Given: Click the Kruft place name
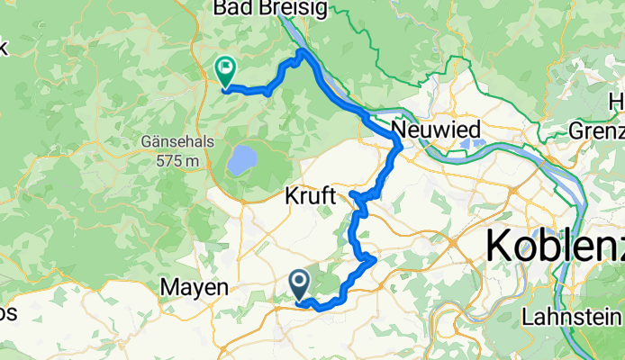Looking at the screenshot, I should click(310, 195).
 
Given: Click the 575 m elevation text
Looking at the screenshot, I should click(177, 160).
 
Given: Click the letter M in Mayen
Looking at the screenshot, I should click(168, 288).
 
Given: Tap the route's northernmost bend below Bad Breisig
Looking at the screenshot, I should click(301, 54).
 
